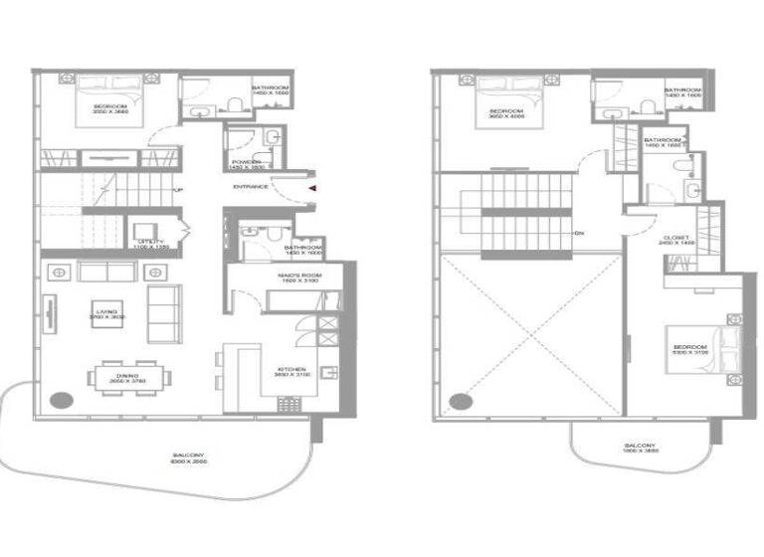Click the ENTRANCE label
click(251, 187)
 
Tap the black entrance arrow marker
click(312, 187)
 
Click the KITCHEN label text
click(293, 372)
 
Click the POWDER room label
click(246, 163)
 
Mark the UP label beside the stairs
click(178, 191)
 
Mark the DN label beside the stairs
click(578, 234)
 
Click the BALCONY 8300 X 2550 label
click(188, 459)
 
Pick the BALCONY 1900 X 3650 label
click(640, 448)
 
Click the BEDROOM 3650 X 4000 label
click(506, 112)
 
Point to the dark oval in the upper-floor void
click(460, 402)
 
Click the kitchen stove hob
click(290, 404)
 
